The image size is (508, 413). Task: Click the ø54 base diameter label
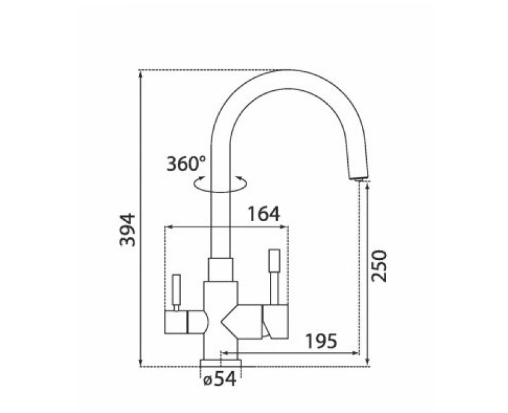coord(220,379)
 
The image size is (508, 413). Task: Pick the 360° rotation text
coord(185,164)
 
